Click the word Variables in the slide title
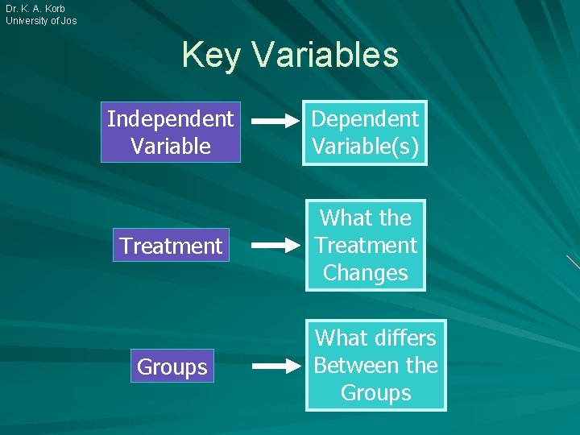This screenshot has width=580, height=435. pyautogui.click(x=325, y=56)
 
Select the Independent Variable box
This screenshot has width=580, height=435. pyautogui.click(x=171, y=133)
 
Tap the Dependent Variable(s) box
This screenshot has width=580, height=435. pyautogui.click(x=365, y=133)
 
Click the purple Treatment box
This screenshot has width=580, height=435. pyautogui.click(x=171, y=246)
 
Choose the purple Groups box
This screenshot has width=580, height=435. pyautogui.click(x=172, y=367)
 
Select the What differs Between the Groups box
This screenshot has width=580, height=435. pyautogui.click(x=375, y=366)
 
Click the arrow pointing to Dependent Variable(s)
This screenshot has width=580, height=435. pyautogui.click(x=275, y=122)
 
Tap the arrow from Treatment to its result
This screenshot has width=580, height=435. pyautogui.click(x=275, y=245)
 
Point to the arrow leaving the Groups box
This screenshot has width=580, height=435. pyautogui.click(x=275, y=367)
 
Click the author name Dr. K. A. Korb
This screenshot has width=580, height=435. pyautogui.click(x=35, y=9)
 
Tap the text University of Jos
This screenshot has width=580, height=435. pyautogui.click(x=41, y=21)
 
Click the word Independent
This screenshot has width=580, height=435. pyautogui.click(x=171, y=119)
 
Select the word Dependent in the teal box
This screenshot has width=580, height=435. pyautogui.click(x=365, y=119)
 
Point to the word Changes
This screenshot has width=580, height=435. pyautogui.click(x=365, y=273)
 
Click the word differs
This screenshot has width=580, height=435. pyautogui.click(x=398, y=338)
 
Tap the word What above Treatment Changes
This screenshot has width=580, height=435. pyautogui.click(x=342, y=218)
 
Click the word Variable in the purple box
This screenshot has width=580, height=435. pyautogui.click(x=171, y=147)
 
